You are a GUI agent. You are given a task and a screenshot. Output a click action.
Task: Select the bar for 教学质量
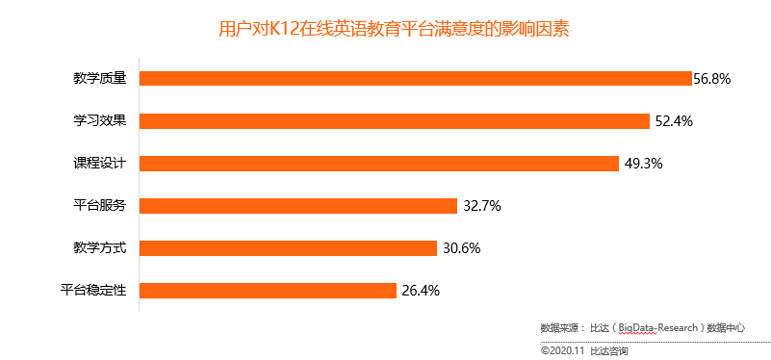coord(416,79)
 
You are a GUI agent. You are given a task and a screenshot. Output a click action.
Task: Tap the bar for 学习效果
coord(395,121)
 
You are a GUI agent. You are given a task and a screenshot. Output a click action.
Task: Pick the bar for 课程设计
coord(379,164)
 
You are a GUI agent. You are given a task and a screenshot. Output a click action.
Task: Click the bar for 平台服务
coord(298,206)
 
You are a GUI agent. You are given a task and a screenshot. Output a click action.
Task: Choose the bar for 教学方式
coord(289,248)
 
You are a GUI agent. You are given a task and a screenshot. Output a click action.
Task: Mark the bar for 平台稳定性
coord(269,291)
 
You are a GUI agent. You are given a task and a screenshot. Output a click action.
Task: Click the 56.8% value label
coord(712,79)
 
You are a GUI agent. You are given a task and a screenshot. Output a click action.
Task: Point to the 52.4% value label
coord(674,121)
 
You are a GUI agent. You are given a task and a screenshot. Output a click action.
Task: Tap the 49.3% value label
coord(644,164)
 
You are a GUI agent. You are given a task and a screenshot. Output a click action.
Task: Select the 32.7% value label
coord(481,206)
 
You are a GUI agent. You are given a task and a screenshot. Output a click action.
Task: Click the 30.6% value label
coord(461,248)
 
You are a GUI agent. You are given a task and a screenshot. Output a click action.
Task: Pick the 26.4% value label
coord(421,291)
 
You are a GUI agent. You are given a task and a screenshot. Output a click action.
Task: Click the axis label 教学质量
coord(107,79)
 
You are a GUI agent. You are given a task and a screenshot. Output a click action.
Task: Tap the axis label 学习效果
coord(107,121)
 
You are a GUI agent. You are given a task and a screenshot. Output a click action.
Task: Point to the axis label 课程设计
coord(107,164)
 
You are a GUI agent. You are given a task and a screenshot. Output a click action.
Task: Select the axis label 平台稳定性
coord(100,291)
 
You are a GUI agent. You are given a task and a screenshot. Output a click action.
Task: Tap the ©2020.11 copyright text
coord(563,350)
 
